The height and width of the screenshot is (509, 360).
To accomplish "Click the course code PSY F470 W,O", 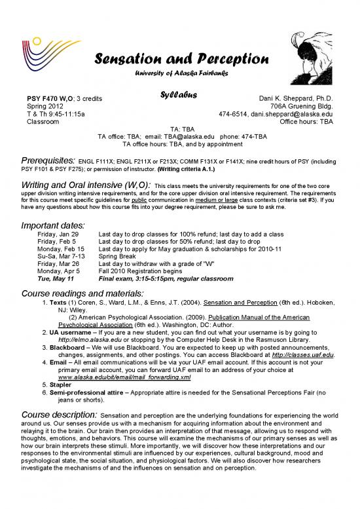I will pos(50,98).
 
